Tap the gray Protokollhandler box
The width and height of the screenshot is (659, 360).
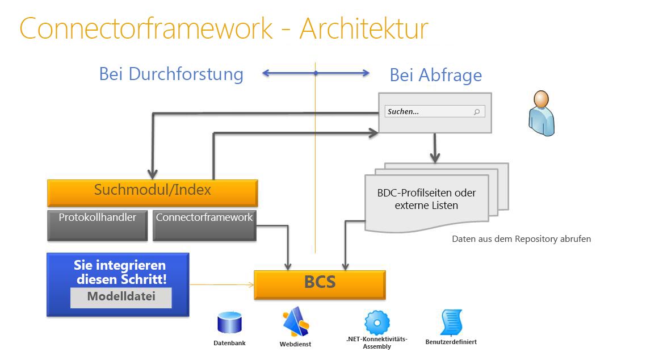[98, 224]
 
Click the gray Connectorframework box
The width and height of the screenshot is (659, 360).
[204, 224]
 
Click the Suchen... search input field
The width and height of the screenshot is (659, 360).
[429, 112]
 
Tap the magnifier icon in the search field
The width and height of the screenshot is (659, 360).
[476, 112]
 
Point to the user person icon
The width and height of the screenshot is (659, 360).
[541, 114]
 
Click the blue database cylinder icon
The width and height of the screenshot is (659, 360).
[230, 323]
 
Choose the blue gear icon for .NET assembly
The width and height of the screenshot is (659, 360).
[377, 323]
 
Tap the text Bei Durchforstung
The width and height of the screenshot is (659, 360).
[171, 74]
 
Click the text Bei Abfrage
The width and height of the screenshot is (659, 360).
[435, 75]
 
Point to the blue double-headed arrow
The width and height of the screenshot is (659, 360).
[316, 73]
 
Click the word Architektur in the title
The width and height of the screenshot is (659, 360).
[364, 29]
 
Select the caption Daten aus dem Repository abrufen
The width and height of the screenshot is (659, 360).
[521, 239]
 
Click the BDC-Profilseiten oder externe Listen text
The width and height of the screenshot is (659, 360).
[426, 199]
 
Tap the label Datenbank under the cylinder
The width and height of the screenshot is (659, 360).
[229, 343]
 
